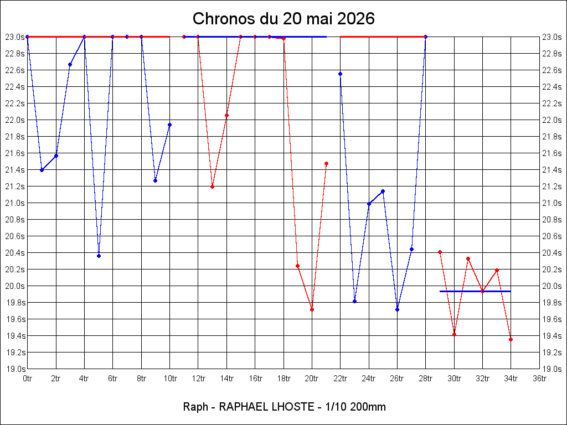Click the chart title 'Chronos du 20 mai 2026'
point(283,19)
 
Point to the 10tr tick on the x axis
point(170,379)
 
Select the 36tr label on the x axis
point(539,379)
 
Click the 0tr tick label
point(28,379)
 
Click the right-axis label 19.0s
point(551,369)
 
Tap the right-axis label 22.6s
point(551,70)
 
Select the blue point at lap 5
point(99,256)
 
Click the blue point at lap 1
point(42,170)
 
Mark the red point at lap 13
point(212,187)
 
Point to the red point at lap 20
point(312,310)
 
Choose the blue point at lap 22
point(341,74)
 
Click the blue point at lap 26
point(398,310)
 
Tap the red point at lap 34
point(511,340)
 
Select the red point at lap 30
point(455,335)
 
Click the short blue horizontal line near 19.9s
point(475,291)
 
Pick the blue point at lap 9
point(156,181)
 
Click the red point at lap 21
point(327,164)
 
